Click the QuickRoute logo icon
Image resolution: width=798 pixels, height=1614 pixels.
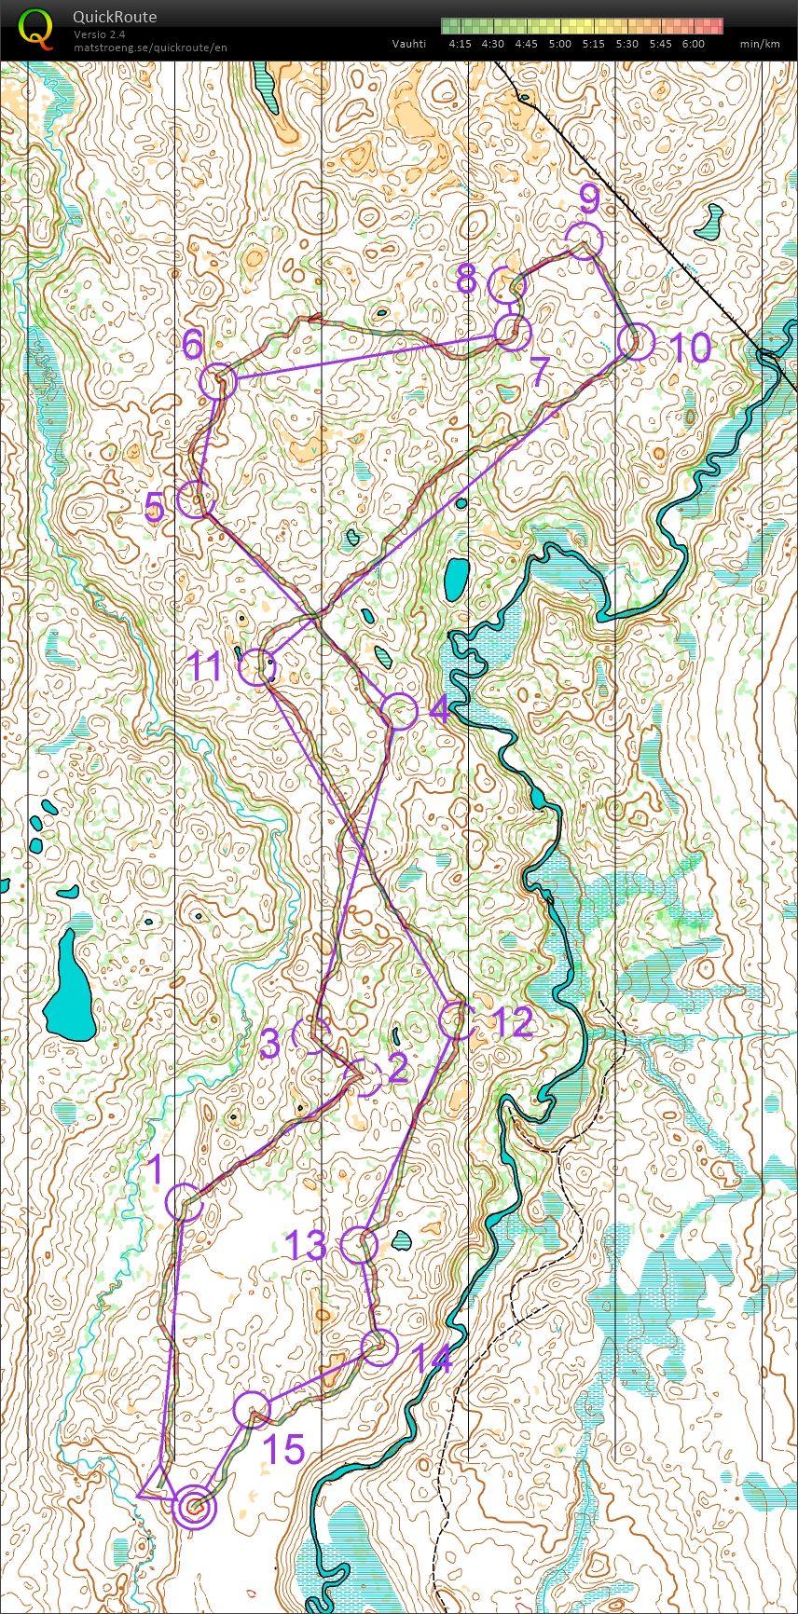[35, 29]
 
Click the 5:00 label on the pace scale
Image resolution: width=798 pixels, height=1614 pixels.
[559, 44]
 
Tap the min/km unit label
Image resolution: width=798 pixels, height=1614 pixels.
[760, 44]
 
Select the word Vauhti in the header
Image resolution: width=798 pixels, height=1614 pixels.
[408, 44]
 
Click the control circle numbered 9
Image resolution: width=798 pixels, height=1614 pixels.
[585, 242]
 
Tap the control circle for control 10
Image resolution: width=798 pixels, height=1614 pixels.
[636, 342]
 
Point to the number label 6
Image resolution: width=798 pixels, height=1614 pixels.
[193, 345]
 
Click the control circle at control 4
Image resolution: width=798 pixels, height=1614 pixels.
[400, 711]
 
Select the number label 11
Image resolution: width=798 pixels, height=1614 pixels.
[206, 666]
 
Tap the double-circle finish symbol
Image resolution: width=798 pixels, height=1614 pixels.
[193, 1506]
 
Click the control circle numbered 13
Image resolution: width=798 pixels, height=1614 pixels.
[359, 1245]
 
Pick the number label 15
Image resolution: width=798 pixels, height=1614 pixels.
[283, 1450]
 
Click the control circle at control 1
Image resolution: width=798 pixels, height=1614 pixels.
[184, 1202]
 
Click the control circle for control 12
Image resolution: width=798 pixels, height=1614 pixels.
[457, 1020]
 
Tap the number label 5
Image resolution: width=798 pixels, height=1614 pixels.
[155, 508]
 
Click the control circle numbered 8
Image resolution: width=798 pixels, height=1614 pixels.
[507, 284]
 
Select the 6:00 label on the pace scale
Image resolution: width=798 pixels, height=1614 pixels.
[693, 44]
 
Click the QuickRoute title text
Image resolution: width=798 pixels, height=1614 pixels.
[115, 17]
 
